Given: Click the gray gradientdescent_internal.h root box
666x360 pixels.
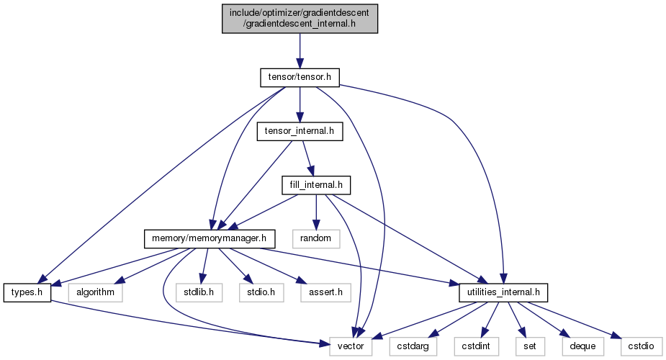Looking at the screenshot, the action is pyautogui.click(x=300, y=18).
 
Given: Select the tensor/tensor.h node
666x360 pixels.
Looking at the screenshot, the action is pyautogui.click(x=300, y=77).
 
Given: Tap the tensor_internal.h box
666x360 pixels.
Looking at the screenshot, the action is pyautogui.click(x=300, y=131).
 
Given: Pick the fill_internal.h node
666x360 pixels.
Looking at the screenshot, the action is pyautogui.click(x=316, y=185).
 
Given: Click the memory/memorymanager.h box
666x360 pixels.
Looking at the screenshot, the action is pyautogui.click(x=210, y=239).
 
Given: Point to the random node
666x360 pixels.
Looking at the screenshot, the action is pyautogui.click(x=315, y=239).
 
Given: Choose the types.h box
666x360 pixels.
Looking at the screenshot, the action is pyautogui.click(x=27, y=292).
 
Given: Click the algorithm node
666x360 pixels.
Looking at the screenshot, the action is pyautogui.click(x=95, y=292).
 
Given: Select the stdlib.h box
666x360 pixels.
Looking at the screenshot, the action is pyautogui.click(x=199, y=292).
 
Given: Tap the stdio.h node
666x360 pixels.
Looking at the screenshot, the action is pyautogui.click(x=261, y=292).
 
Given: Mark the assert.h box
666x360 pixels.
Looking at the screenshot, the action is pyautogui.click(x=325, y=292).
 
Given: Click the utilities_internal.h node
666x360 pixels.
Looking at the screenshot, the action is pyautogui.click(x=503, y=292).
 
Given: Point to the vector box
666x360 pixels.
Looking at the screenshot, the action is pyautogui.click(x=351, y=346).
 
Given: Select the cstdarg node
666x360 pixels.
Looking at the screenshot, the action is pyautogui.click(x=413, y=346).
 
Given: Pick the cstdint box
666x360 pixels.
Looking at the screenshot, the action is pyautogui.click(x=476, y=346).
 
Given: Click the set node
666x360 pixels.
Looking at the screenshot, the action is pyautogui.click(x=530, y=346).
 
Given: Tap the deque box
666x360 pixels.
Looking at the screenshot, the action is pyautogui.click(x=582, y=346).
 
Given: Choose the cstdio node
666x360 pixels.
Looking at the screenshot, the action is pyautogui.click(x=642, y=346).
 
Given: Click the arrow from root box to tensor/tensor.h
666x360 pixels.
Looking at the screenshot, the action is pyautogui.click(x=300, y=51).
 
